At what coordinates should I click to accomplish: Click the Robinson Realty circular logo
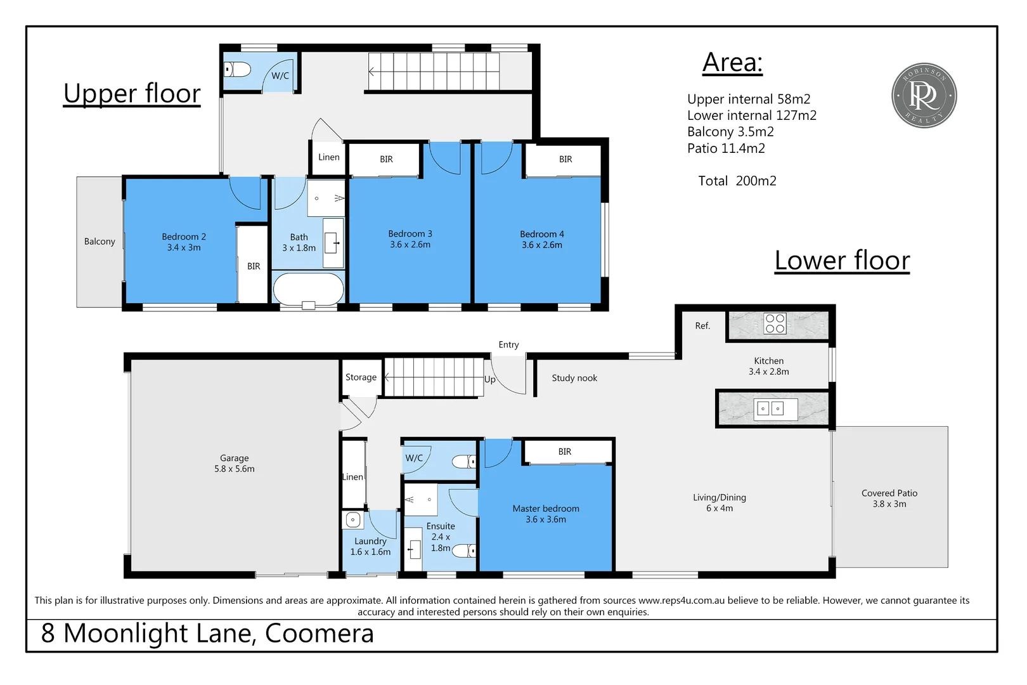(924, 95)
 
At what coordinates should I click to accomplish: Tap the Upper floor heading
(132, 94)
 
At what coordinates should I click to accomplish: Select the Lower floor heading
(842, 261)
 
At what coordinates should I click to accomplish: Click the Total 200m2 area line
(737, 181)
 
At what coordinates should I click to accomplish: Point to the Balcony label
(100, 242)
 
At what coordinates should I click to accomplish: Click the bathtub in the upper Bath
(308, 289)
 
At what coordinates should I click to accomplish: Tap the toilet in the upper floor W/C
(238, 69)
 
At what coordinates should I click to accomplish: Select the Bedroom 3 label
(410, 239)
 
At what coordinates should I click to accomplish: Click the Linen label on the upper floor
(328, 157)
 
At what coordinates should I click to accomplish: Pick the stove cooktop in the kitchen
(775, 323)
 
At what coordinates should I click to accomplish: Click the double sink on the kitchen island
(770, 409)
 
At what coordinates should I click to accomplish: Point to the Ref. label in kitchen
(702, 326)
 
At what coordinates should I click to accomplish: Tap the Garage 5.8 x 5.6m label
(234, 464)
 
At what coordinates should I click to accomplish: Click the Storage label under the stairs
(361, 377)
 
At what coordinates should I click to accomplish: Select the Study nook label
(574, 378)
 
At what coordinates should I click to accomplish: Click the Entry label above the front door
(508, 345)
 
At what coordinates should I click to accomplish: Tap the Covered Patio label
(889, 499)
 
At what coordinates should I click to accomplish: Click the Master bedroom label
(546, 514)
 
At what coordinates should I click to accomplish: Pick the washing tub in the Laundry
(353, 520)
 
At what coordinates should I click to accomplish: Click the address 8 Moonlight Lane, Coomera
(208, 634)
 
